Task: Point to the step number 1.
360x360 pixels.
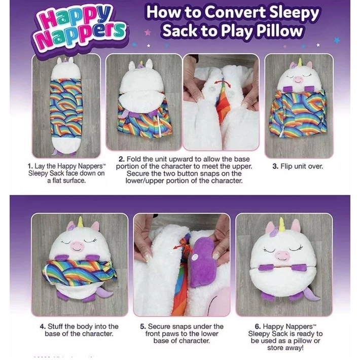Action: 30,166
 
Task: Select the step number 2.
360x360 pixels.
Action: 122,159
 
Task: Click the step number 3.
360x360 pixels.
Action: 275,166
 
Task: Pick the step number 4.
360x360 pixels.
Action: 43,327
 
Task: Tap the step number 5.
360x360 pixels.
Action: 143,327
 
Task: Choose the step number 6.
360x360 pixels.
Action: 258,327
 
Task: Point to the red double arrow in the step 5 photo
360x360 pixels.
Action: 182,247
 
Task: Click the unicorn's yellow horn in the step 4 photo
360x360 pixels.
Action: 80,222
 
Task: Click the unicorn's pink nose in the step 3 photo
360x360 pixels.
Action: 298,80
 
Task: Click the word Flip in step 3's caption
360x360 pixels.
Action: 286,166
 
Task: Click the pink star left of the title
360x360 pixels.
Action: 148,32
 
